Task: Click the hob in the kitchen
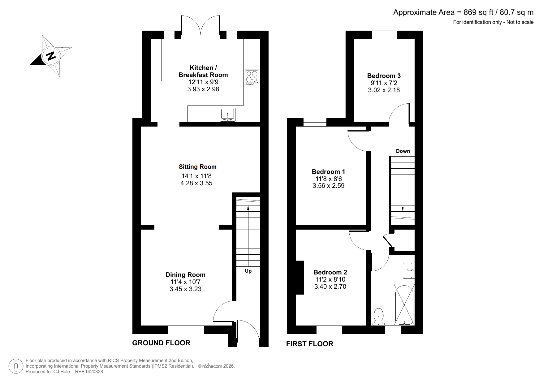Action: (252, 78)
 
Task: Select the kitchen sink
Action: (228, 115)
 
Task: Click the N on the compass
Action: (51, 56)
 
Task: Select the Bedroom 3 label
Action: (384, 76)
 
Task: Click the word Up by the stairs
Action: (248, 271)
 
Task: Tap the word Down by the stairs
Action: (403, 151)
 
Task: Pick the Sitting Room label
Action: (197, 167)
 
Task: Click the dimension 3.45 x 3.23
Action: (185, 289)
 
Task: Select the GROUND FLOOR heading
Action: (161, 343)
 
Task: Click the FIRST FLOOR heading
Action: (310, 344)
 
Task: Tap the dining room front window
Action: (186, 330)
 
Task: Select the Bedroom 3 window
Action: (384, 35)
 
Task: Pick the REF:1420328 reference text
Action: (89, 372)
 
